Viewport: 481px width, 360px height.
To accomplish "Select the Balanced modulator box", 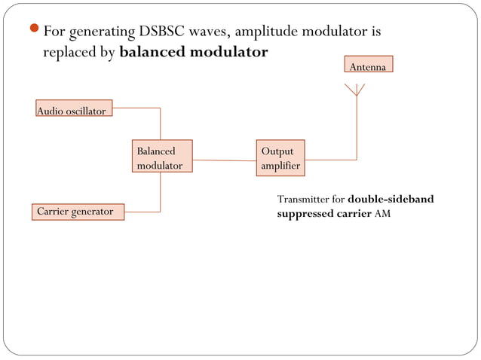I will point(162,157).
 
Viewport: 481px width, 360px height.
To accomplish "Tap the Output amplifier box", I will point(280,158).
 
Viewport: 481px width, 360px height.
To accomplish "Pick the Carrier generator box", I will point(78,212).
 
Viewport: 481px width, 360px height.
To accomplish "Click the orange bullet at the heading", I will point(35,32).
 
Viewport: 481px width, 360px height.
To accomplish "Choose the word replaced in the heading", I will point(70,53).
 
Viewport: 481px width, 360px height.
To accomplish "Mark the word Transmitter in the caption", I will point(304,200).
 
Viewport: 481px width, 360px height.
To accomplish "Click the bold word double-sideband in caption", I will point(391,200).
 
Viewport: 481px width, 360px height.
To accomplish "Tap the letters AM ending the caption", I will point(382,214).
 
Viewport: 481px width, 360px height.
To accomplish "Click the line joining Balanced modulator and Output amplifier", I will point(225,160).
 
